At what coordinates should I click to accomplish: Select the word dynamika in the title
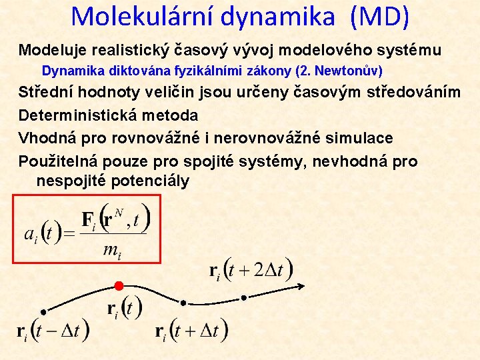278,16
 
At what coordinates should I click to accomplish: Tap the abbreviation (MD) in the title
377,16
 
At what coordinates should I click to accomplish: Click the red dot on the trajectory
119,286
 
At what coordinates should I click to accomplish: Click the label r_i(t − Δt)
53,330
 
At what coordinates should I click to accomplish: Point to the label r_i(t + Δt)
191,330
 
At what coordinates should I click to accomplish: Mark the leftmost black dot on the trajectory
43,311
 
